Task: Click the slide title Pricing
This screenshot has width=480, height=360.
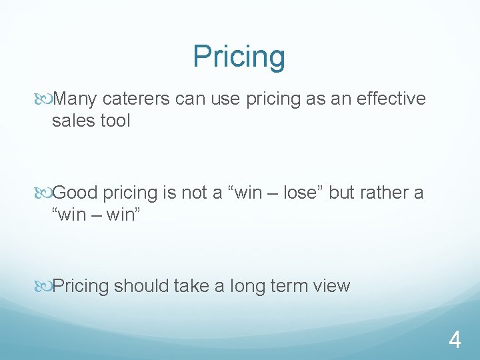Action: point(239,57)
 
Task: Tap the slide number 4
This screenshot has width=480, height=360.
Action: point(455,341)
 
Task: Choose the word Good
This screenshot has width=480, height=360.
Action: point(75,193)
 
